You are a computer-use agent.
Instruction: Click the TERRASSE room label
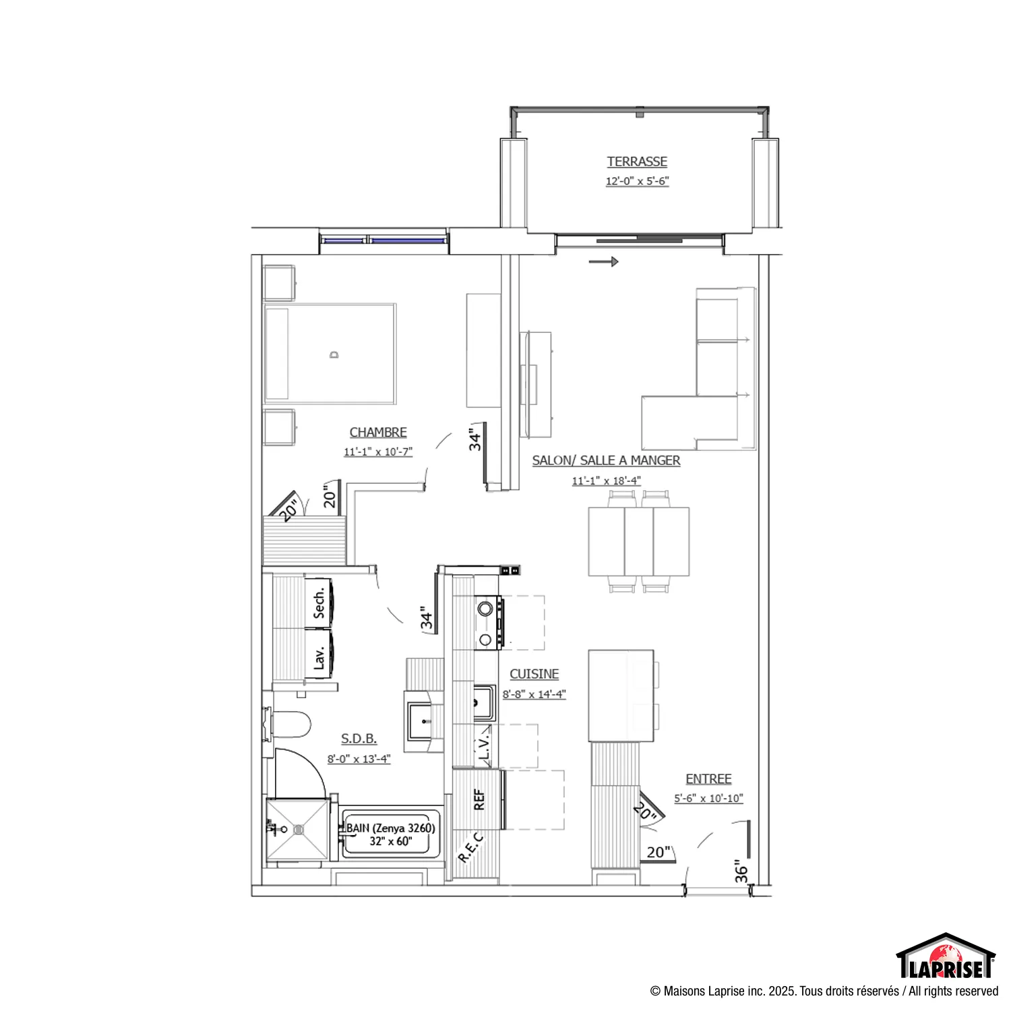[x=637, y=162]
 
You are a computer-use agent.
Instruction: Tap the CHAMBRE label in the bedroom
[x=378, y=432]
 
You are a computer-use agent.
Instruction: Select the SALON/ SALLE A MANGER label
[x=606, y=460]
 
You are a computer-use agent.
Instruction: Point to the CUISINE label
[x=534, y=674]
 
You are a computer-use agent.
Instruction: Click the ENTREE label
[x=708, y=779]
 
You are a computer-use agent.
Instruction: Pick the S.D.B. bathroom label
[x=359, y=739]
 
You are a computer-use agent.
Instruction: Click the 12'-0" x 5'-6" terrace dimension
[x=637, y=181]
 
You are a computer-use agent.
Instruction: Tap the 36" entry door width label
[x=741, y=871]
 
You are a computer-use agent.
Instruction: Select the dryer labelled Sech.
[x=319, y=603]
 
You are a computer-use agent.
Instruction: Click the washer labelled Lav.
[x=319, y=654]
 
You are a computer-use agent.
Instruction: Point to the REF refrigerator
[x=479, y=799]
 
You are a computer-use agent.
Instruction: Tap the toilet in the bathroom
[x=288, y=725]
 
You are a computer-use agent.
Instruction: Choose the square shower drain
[x=298, y=830]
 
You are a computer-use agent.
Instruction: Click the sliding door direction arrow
[x=603, y=262]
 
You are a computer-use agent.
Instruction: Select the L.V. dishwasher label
[x=484, y=746]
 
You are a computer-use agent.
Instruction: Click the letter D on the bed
[x=334, y=355]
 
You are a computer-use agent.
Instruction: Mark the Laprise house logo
[x=946, y=956]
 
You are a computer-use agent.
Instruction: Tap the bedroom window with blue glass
[x=384, y=240]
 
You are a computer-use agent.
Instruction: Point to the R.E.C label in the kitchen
[x=471, y=848]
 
